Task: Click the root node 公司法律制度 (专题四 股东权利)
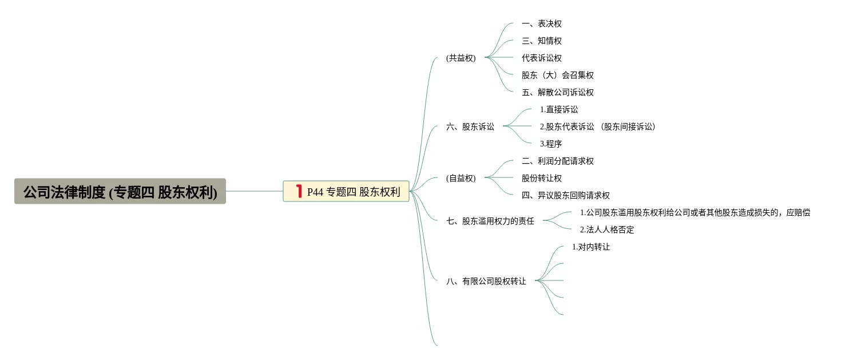click(x=120, y=192)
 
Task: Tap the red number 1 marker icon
click(x=299, y=191)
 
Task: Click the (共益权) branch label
click(x=461, y=58)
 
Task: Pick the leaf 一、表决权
click(x=541, y=23)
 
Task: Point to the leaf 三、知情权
click(x=541, y=41)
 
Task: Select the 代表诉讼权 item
click(x=541, y=58)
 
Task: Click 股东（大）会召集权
click(x=557, y=75)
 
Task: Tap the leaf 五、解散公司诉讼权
click(x=557, y=92)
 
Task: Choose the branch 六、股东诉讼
click(x=470, y=126)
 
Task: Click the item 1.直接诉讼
click(x=558, y=109)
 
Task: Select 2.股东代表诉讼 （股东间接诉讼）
click(x=597, y=126)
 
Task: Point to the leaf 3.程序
click(x=550, y=144)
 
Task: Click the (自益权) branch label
click(x=461, y=178)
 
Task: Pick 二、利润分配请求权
click(x=557, y=161)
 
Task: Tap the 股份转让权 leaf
click(x=541, y=178)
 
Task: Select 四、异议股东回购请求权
click(x=565, y=195)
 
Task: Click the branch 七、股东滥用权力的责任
click(x=490, y=221)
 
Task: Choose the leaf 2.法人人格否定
click(x=606, y=230)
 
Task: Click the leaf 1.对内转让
click(x=590, y=247)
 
